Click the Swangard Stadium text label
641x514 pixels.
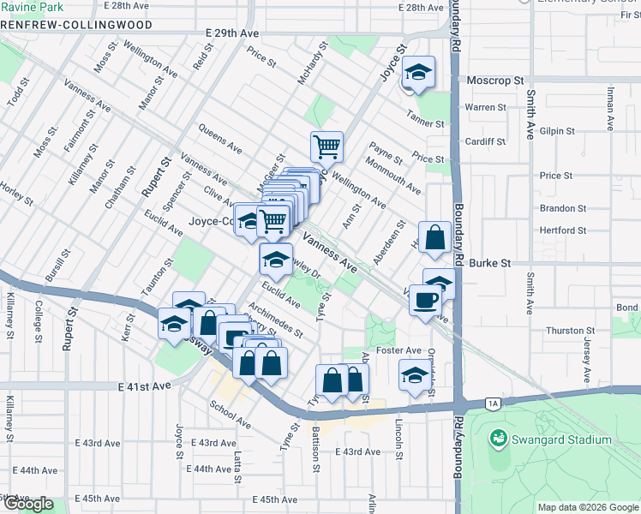coord(561,439)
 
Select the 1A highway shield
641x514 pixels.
coord(491,403)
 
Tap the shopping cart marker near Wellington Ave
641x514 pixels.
coord(326,147)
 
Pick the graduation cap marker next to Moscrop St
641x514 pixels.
coord(419,73)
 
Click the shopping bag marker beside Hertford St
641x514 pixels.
coord(434,238)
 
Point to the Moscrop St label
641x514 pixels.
coord(495,80)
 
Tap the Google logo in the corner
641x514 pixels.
coord(27,504)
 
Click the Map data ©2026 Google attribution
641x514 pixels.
coord(587,507)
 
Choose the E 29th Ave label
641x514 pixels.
coord(232,33)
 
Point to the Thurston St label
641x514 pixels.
coord(571,330)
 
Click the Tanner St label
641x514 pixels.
coord(427,123)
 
